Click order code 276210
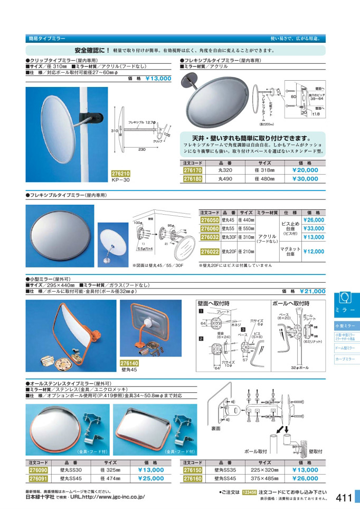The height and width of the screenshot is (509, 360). pos(121,172)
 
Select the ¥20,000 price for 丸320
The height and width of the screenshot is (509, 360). pos(305,170)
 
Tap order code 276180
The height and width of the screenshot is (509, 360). pos(192,179)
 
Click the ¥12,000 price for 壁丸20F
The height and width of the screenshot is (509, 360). pos(314,252)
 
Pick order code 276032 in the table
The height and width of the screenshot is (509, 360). pos(210,237)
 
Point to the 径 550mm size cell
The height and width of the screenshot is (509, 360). pos(246,228)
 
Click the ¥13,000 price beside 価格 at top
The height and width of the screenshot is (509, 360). pos(158,78)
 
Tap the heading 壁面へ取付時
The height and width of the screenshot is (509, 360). pos(214,304)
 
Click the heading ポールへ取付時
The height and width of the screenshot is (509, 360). pos(290,304)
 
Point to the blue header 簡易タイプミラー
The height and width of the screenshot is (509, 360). pos(47,39)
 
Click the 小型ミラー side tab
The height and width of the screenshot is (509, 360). pos(347,326)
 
